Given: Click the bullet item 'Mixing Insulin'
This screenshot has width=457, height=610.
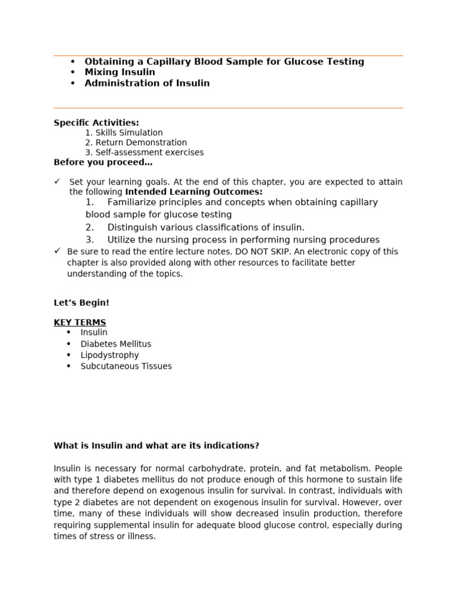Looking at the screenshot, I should click(120, 72).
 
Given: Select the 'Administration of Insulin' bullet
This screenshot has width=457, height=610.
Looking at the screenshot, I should click(147, 83).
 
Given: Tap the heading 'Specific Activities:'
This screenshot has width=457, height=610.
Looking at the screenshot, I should click(96, 123).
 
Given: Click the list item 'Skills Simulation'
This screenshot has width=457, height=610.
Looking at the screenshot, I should click(129, 133).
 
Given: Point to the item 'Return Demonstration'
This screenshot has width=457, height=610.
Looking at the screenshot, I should click(141, 142).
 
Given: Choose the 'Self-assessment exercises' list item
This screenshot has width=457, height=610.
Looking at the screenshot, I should click(149, 152).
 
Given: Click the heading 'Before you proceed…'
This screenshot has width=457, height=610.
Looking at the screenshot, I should click(103, 162).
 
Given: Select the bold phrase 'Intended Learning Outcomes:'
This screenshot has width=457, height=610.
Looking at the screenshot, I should click(193, 192).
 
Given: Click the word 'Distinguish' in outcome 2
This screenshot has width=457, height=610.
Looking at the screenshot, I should click(133, 227).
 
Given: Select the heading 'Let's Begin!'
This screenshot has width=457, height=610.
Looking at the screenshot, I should click(82, 303).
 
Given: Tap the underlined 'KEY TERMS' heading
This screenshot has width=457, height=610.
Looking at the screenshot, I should click(80, 322).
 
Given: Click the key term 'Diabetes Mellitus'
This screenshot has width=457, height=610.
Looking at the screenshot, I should click(116, 344).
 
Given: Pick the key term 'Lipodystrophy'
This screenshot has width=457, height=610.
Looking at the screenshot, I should click(109, 355).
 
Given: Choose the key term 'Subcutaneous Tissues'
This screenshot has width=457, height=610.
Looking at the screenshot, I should click(126, 366).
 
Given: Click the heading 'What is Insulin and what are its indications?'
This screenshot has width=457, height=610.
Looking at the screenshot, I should click(156, 446).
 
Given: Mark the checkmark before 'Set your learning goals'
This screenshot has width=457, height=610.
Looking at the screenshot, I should click(57, 181).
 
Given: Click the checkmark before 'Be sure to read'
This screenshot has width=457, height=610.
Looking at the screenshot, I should click(57, 251).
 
